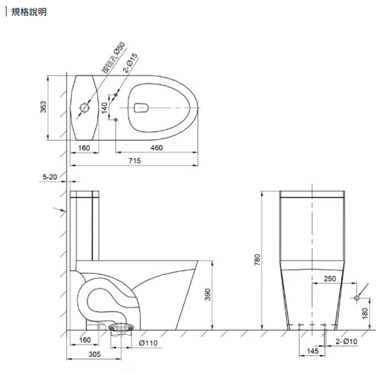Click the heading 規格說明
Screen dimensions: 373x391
[x=29, y=12]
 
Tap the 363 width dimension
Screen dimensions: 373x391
[x=44, y=107]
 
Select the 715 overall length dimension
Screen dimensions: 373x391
[x=134, y=161]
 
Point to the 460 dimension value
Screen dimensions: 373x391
[x=157, y=148]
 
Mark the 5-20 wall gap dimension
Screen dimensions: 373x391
[x=50, y=177]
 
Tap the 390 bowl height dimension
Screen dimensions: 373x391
[x=208, y=294]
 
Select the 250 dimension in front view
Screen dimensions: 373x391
[x=330, y=279]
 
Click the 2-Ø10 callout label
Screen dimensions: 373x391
[x=346, y=341]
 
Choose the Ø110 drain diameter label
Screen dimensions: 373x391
[x=148, y=343]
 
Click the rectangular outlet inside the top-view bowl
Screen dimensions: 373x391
[x=141, y=108]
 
